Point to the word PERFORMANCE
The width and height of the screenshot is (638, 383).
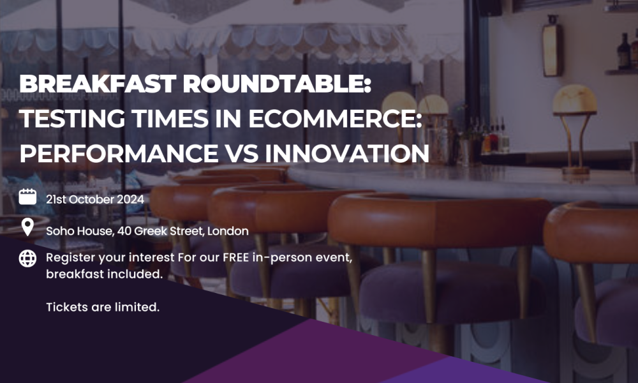[x=119, y=153]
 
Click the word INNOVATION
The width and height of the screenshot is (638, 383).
[x=347, y=153]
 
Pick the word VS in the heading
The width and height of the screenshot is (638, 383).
[x=242, y=153]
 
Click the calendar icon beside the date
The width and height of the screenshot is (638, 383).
[x=27, y=197]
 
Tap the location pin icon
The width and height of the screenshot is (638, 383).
[x=27, y=227]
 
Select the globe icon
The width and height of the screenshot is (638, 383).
[x=27, y=259]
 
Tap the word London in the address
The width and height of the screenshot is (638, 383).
[x=228, y=231]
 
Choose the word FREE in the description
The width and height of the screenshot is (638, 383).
[x=235, y=258]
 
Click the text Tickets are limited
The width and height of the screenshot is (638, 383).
[x=103, y=307]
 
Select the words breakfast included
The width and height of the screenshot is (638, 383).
[x=104, y=274]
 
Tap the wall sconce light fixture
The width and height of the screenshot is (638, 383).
[x=553, y=46]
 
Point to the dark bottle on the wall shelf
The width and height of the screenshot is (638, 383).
[x=623, y=51]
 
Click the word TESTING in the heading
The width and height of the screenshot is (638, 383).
[x=72, y=119]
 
